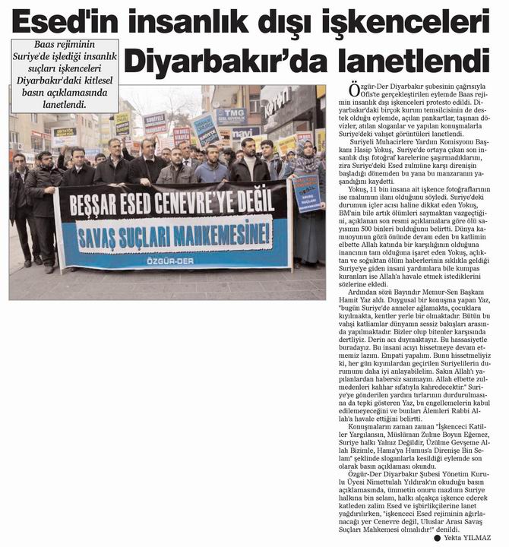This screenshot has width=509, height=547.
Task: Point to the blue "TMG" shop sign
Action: pos(232,115)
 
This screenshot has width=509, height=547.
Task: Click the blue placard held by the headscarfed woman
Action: pos(307,193)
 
